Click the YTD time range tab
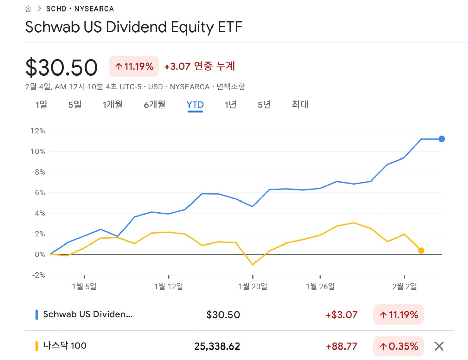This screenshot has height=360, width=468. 195,105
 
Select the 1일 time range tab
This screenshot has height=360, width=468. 41,105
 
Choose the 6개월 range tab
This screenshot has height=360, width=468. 155,105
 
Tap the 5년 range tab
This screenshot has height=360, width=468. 264,105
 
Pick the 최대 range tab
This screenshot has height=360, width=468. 300,105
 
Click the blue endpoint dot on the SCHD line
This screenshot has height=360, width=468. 442,139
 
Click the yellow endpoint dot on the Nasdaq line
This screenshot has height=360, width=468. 421,251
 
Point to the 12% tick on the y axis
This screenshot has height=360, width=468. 38,131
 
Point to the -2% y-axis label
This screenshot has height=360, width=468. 38,275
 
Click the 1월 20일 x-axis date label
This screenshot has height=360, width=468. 253,287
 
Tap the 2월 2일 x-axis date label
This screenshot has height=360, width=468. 404,287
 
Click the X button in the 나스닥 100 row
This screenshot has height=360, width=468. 439,346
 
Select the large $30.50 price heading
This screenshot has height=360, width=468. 62,67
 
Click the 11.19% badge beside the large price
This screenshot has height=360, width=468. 134,66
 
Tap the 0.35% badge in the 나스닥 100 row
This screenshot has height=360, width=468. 399,346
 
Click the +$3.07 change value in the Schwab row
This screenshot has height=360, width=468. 341,315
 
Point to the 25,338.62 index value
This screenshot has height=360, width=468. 217,346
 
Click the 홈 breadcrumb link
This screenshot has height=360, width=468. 28,9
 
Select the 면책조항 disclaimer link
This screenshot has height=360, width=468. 231,87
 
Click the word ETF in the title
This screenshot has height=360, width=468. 230,27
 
